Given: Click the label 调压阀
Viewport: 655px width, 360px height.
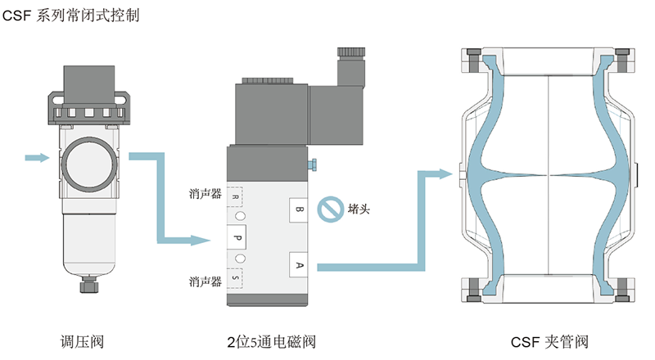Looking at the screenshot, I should coord(82,341).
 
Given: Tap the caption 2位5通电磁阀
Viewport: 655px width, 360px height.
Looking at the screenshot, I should coord(271,341).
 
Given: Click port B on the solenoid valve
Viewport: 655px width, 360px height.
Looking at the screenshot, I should coord(299,210).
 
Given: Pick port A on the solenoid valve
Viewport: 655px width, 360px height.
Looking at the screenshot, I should coord(299,264).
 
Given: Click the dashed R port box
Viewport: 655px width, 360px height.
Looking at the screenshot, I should coord(236,198).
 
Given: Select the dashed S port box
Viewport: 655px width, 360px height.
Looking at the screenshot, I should coord(236,278).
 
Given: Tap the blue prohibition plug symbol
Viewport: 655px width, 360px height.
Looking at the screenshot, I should coord(329,209).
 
